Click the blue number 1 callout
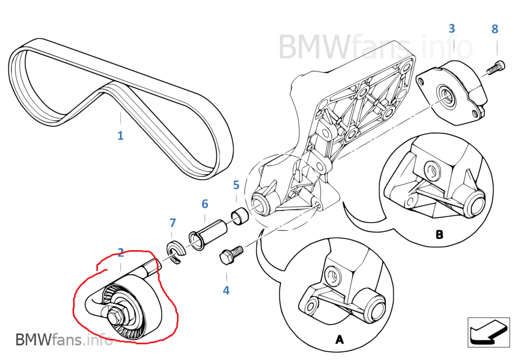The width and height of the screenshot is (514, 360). (x=120, y=135)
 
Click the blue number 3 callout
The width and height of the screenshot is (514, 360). (x=452, y=29)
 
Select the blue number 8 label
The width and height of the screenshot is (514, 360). (x=495, y=29)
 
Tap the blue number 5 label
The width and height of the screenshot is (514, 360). (x=236, y=185)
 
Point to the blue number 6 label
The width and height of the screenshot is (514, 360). (x=205, y=204)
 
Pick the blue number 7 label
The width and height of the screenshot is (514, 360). (x=173, y=222)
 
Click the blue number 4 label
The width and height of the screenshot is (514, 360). (x=226, y=290)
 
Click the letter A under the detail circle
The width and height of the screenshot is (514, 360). (x=339, y=339)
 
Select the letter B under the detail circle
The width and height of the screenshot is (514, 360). (x=439, y=235)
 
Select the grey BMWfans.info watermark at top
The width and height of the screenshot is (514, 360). (x=375, y=47)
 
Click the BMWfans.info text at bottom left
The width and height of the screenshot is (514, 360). (x=64, y=340)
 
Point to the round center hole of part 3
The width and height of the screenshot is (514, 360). (x=446, y=94)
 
